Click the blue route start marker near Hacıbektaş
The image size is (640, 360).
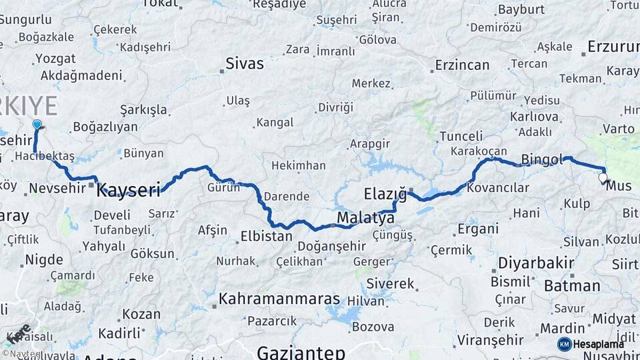tap(37, 125)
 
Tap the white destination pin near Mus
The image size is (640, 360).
tap(603, 178)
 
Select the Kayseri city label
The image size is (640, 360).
tap(129, 191)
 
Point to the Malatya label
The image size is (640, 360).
tap(365, 218)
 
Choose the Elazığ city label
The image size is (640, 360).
tap(385, 195)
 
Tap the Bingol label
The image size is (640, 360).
tap(542, 159)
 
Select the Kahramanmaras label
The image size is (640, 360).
tap(279, 298)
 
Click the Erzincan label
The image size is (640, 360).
tap(462, 65)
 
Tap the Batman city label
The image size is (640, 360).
tap(572, 286)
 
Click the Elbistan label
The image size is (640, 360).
tap(267, 236)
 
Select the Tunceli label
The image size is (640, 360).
tap(462, 136)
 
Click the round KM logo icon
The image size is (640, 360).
tap(564, 344)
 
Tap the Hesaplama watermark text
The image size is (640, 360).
tap(599, 344)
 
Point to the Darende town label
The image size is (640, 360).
tap(287, 197)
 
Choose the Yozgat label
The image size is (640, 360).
tap(55, 58)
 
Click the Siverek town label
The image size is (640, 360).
tap(390, 283)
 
